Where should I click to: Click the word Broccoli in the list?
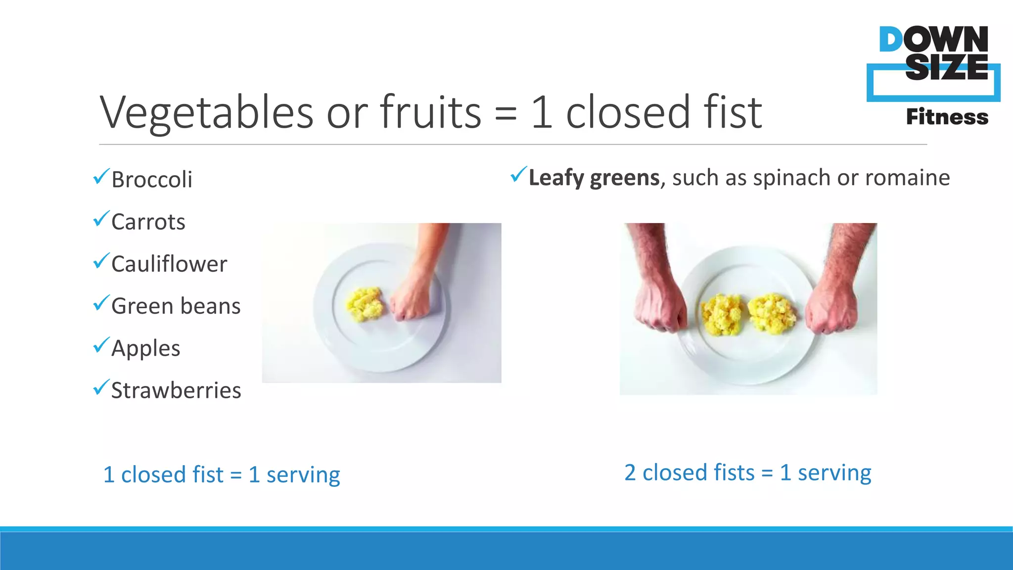[x=152, y=180]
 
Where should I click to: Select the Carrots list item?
[x=148, y=222]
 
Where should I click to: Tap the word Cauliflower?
[x=169, y=264]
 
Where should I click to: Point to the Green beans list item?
[x=176, y=306]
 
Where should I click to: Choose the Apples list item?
[x=146, y=348]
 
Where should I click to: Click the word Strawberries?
[x=176, y=390]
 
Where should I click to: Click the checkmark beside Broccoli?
[x=101, y=176]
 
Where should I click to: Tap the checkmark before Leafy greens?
[x=518, y=174]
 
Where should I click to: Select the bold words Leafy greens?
[x=594, y=178]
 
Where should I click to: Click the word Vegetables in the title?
[x=207, y=112]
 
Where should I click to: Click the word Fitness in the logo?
[x=947, y=117]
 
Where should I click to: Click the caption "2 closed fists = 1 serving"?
[x=747, y=473]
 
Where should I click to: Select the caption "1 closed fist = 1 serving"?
[x=222, y=475]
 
